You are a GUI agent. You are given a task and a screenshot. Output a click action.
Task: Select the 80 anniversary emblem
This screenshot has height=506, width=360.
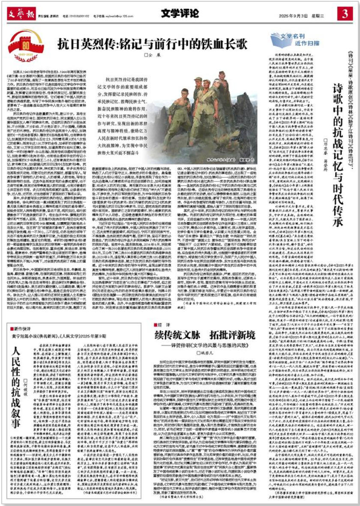click(25, 44)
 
